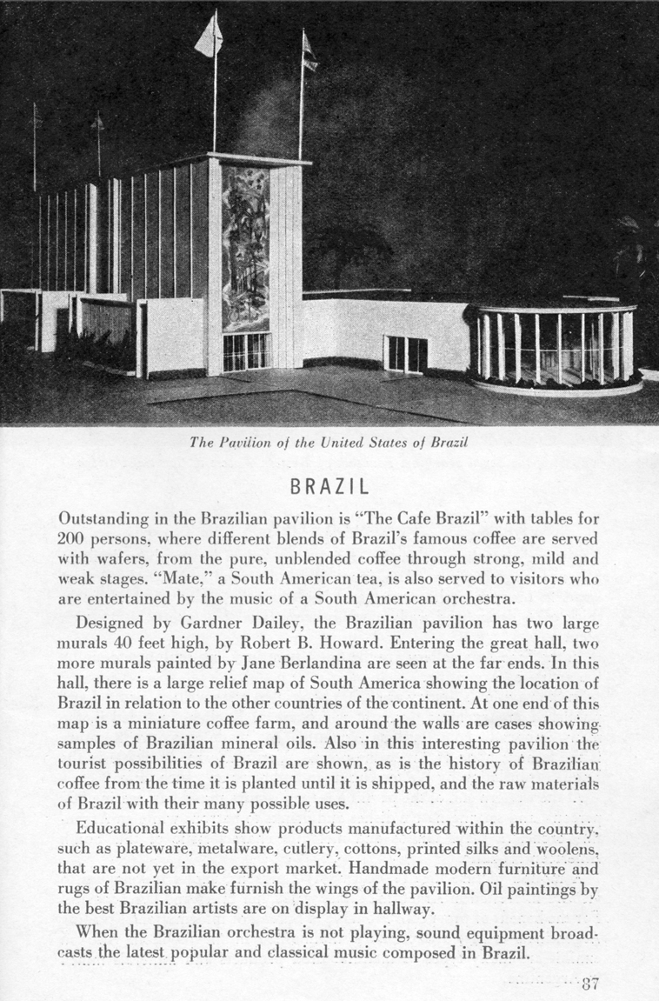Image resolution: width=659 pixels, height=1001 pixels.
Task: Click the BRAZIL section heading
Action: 329,484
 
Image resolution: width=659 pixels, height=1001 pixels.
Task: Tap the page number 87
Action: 591,984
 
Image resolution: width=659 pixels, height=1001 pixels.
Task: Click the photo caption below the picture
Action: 329,442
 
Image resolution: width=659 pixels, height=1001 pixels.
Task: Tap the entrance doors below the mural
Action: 246,351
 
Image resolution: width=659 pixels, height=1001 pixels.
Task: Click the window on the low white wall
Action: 406,353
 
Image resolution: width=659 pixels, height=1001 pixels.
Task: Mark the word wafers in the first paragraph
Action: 117,558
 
